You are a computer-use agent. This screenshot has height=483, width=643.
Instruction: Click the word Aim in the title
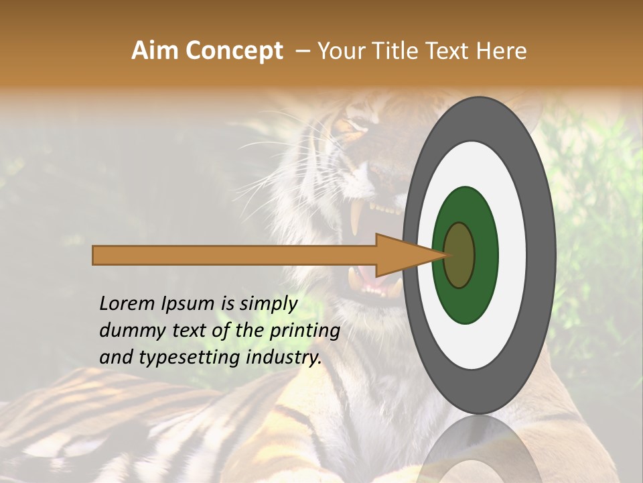click(155, 51)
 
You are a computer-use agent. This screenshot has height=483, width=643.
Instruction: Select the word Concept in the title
click(234, 51)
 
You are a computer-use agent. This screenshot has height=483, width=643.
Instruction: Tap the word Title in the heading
click(397, 51)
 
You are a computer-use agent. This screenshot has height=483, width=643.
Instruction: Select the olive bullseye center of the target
click(459, 256)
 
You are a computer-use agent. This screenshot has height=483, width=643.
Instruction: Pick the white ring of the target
click(512, 256)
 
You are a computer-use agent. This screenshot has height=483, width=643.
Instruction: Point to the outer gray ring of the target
click(543, 256)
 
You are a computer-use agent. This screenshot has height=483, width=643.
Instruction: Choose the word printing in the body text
click(304, 331)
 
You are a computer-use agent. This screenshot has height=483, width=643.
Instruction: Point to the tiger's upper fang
click(356, 215)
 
